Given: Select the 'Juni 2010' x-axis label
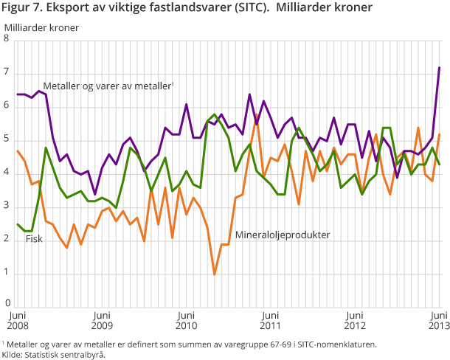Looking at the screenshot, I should [186, 319].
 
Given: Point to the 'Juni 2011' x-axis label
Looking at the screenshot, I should [271, 319].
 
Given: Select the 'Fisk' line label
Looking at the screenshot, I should [34, 238].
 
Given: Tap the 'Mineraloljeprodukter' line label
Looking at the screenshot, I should [282, 235].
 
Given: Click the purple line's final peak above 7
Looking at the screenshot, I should [440, 67].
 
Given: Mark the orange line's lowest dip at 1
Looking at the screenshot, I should [215, 274].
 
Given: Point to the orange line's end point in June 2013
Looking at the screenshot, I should [440, 134].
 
